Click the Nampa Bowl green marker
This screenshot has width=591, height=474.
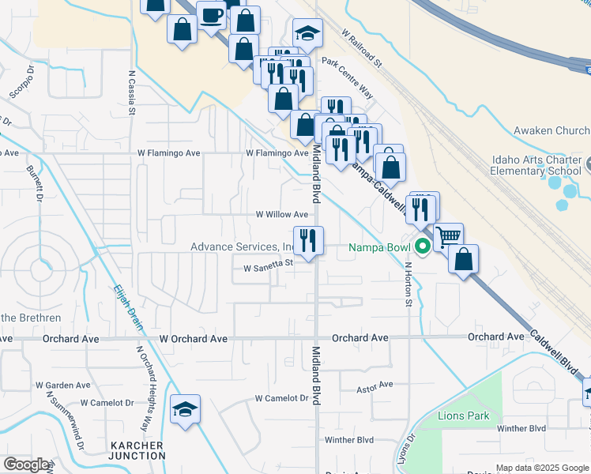(423, 246)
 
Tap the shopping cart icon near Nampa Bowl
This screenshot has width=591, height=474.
(448, 235)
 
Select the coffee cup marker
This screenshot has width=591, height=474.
(211, 15)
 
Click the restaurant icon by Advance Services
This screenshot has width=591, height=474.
(307, 239)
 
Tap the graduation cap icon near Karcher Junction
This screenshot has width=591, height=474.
(185, 408)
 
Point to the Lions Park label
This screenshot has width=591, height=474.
(465, 416)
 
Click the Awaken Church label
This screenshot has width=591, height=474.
(551, 130)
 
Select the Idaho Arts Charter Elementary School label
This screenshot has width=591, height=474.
(535, 164)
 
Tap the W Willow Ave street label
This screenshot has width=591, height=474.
(281, 214)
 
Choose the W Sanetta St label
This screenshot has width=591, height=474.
(268, 268)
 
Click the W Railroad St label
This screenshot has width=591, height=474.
(361, 48)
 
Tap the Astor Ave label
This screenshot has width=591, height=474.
(375, 385)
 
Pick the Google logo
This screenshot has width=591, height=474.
(26, 465)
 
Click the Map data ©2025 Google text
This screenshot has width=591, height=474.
(542, 468)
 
